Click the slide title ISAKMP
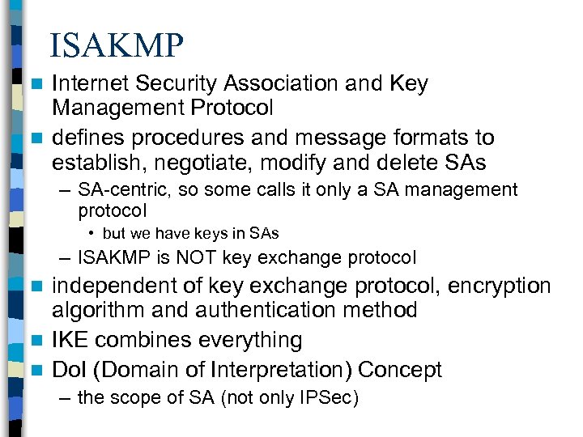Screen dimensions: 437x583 tap(117, 45)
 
